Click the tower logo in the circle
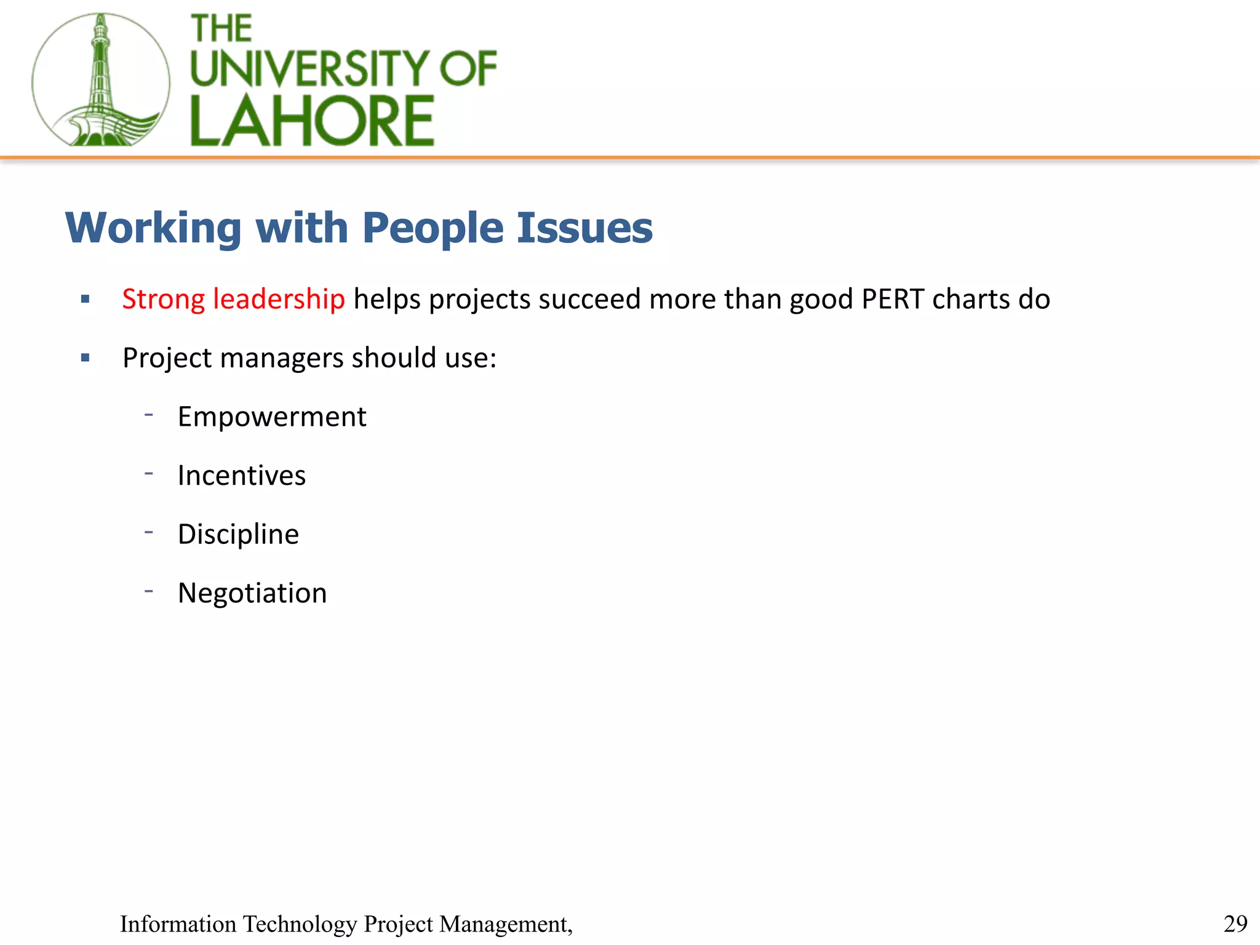(100, 80)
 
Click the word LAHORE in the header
(313, 121)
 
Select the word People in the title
(433, 229)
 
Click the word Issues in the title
(584, 228)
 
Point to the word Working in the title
(153, 229)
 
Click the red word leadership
(279, 300)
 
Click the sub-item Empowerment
(272, 417)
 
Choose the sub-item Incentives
(241, 476)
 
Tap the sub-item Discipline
(238, 534)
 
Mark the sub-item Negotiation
(252, 594)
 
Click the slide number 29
(1235, 923)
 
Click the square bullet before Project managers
(86, 357)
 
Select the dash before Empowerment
(149, 415)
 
